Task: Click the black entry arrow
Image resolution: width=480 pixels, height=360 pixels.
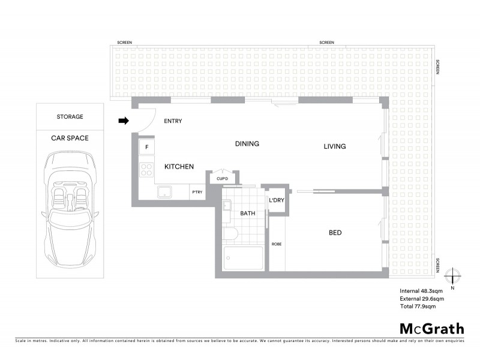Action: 124,121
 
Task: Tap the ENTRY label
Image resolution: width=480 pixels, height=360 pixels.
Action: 173,121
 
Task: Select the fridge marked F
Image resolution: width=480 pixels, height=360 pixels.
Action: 147,147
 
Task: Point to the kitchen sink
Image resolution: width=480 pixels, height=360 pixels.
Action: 164,192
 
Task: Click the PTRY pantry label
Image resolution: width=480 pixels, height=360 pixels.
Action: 197,193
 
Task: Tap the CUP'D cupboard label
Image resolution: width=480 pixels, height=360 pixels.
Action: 222,178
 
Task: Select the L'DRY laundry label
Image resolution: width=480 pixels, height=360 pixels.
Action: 276,200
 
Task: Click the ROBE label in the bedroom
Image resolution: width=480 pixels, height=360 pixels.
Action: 277,244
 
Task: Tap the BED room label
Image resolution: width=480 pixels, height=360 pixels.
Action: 335,233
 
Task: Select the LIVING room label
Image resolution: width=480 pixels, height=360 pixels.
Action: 335,146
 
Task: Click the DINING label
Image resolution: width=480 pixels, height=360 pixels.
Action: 247,144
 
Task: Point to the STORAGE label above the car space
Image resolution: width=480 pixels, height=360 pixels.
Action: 70,117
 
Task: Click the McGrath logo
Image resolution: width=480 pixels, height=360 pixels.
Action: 431,328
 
